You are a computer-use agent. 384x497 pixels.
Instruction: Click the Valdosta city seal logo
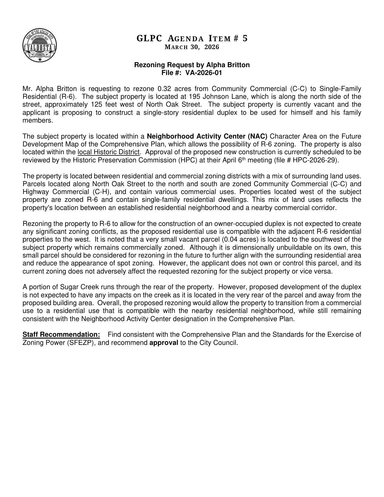39,46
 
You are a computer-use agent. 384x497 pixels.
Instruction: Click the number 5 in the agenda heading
245,38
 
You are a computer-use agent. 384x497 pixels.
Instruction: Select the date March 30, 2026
192,47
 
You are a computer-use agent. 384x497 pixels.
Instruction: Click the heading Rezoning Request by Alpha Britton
192,65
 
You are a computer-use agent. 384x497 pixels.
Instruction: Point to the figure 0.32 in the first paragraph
164,89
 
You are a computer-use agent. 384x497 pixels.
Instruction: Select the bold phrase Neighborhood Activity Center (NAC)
207,136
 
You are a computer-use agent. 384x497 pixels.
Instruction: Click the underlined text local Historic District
108,152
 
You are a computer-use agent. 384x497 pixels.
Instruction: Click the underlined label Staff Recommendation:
61,335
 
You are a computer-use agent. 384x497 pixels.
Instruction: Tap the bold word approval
164,343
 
